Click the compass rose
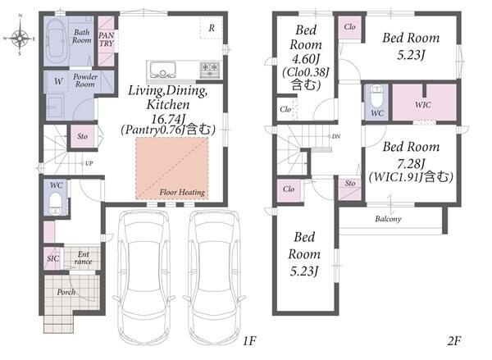[20, 38]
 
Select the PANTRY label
[107, 39]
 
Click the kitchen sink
[162, 70]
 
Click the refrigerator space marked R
[212, 28]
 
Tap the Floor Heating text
[182, 192]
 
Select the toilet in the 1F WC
[56, 203]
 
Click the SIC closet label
[52, 258]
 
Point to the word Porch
[66, 292]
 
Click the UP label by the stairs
[89, 163]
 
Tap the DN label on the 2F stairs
[335, 136]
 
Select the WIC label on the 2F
[422, 104]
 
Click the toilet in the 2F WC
[376, 97]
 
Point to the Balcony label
[388, 219]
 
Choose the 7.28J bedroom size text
[411, 163]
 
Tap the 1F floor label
[250, 341]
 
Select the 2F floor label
[454, 341]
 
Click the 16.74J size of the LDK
[168, 119]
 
